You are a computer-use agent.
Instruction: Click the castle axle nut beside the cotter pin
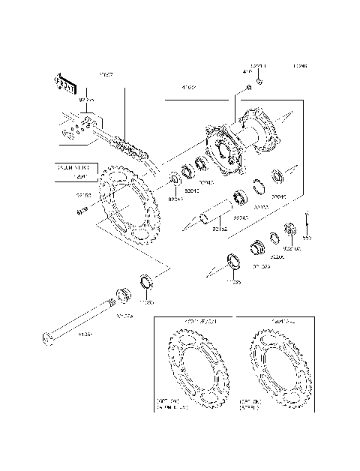[x=289, y=228]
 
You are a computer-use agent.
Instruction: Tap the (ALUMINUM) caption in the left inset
[x=173, y=409]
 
